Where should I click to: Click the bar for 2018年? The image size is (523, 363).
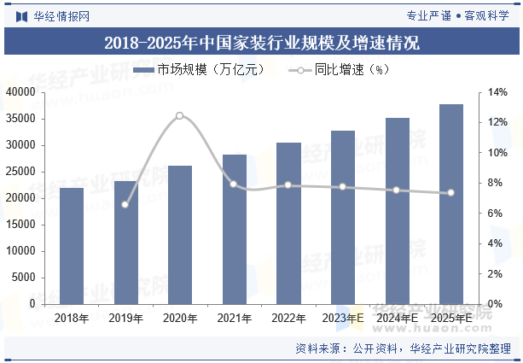pos(72,246)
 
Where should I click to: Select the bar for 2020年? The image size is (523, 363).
pos(180,235)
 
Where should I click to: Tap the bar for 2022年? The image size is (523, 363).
pos(288,223)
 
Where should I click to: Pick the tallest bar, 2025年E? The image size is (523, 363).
pos(450,204)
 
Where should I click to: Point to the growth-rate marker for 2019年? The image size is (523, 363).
pos(125,204)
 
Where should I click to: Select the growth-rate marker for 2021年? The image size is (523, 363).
pos(234,184)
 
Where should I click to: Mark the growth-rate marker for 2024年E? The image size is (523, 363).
pos(397,190)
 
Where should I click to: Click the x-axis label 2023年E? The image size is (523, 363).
pos(342,318)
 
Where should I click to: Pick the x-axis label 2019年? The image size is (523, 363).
pos(125,318)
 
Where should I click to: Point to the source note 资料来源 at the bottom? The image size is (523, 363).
pos(403,348)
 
